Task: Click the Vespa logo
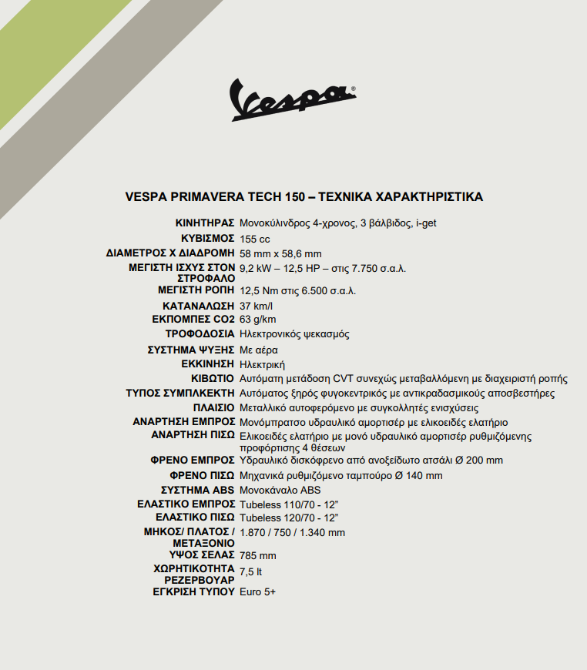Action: coord(293,99)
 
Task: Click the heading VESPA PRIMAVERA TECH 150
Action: coord(304,196)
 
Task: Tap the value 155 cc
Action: coord(255,239)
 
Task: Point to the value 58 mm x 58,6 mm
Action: coord(280,253)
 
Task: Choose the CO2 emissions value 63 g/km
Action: coord(257,320)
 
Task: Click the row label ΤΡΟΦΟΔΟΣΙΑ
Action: coord(200,334)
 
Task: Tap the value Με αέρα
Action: coord(259,350)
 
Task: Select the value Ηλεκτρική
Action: coord(263,363)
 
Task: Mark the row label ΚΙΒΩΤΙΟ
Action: coord(213,378)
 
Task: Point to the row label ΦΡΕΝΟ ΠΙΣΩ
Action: coord(202,475)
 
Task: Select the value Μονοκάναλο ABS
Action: coord(280,490)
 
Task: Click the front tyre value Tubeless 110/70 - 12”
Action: coord(289,504)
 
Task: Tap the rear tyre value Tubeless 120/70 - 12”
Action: coord(289,518)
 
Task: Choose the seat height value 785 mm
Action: coord(257,554)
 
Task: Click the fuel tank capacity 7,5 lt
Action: coord(251,571)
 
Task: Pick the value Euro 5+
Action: coord(257,591)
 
